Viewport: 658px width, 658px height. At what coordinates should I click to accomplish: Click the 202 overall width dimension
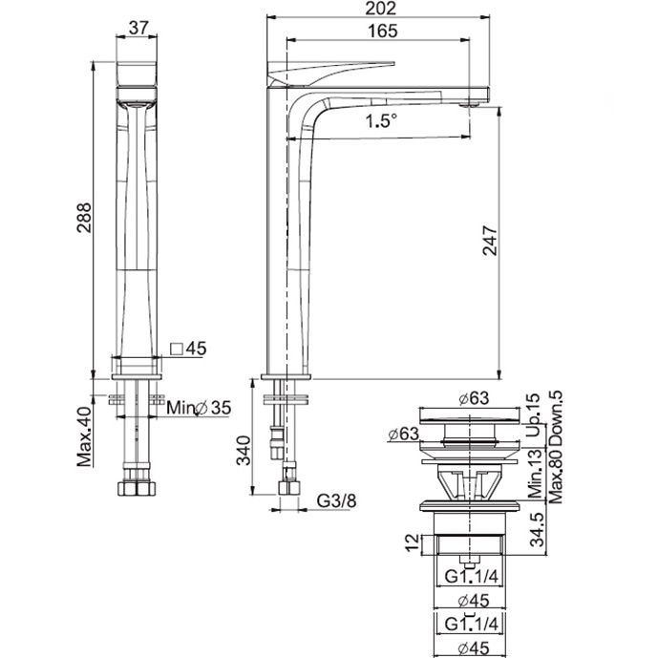click(380, 9)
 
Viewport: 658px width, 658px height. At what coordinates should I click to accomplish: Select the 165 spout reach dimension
click(382, 32)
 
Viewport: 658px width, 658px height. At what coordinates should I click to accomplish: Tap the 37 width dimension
click(138, 28)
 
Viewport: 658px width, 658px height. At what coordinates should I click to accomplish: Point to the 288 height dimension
click(84, 218)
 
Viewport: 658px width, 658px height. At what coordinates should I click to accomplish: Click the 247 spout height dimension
click(490, 241)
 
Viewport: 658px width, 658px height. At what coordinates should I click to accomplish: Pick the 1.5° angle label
click(381, 121)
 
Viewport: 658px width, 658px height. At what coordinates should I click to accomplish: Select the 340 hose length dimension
click(244, 451)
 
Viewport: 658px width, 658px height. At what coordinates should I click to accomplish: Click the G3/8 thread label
click(336, 500)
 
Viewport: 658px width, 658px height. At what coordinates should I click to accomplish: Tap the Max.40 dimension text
click(84, 436)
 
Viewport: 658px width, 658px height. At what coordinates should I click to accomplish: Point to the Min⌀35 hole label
click(199, 408)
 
